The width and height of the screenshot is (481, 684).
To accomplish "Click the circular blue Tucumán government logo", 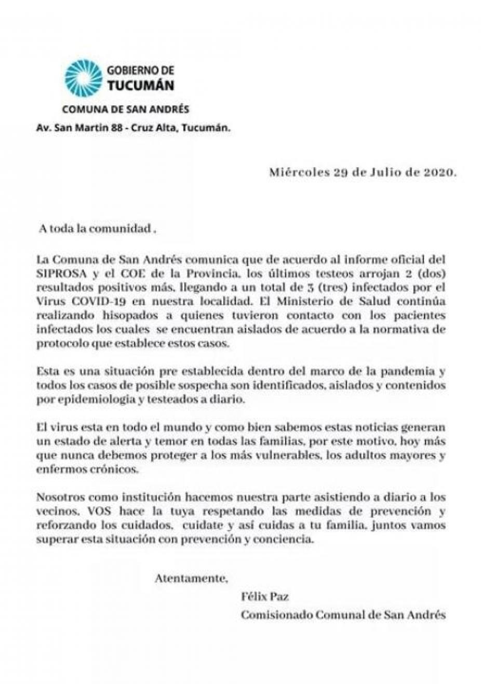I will coord(83,77).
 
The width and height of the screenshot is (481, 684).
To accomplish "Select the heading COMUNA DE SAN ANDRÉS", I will coord(125,110).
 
